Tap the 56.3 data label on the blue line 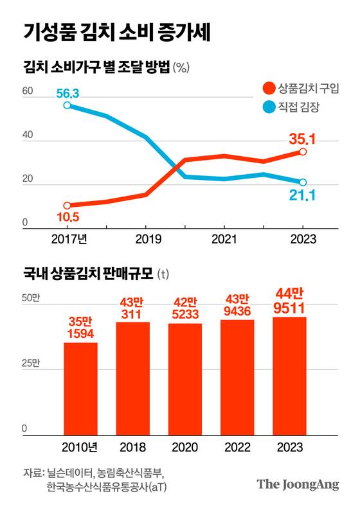click(67, 94)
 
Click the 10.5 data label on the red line click(67, 217)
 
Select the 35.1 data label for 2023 click(302, 138)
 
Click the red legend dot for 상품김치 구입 click(269, 87)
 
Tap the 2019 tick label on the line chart click(145, 238)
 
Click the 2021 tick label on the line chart click(224, 238)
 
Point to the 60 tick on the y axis click(27, 92)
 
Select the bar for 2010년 click(80, 389)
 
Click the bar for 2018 click(133, 378)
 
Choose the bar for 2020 click(185, 379)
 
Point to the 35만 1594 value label click(80, 327)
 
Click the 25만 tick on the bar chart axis click(30, 364)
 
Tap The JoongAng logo click(298, 485)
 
